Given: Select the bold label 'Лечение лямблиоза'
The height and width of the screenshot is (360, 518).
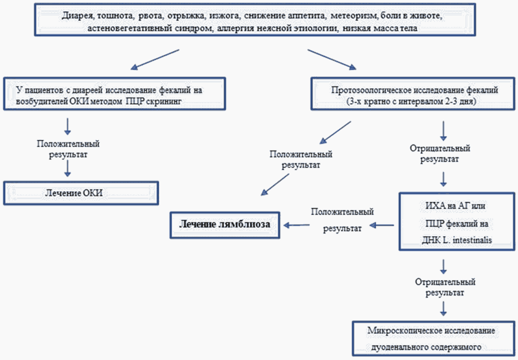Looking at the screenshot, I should (224, 224).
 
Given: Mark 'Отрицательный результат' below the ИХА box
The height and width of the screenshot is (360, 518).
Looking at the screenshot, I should (444, 287).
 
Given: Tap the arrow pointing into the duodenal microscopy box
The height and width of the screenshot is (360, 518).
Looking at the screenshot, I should (444, 308).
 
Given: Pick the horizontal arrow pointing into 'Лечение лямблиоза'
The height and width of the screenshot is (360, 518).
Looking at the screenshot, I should (298, 224).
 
